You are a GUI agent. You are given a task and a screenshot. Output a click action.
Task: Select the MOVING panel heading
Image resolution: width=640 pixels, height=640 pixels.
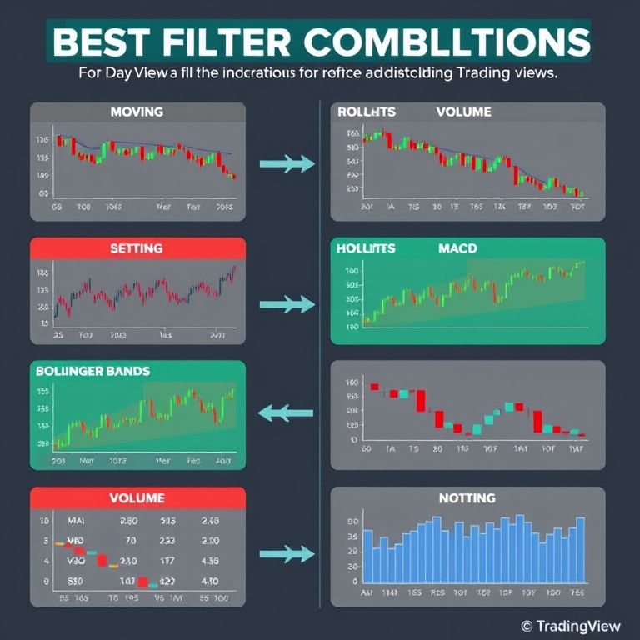137,111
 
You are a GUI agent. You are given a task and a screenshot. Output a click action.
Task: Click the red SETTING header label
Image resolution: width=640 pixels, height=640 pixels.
137,248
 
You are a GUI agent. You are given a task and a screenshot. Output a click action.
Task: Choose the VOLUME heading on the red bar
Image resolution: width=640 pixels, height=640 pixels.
137,498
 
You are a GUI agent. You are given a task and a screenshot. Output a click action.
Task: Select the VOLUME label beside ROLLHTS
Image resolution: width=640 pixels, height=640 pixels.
462,111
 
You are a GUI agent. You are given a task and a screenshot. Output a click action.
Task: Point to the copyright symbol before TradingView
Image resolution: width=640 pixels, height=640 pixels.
526,625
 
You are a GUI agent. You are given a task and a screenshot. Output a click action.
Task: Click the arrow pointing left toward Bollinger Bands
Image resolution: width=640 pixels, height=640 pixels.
285,411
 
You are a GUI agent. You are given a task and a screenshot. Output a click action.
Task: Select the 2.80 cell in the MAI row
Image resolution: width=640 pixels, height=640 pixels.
127,521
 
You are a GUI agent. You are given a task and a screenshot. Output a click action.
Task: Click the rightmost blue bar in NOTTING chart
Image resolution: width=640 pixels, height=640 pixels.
580,550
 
